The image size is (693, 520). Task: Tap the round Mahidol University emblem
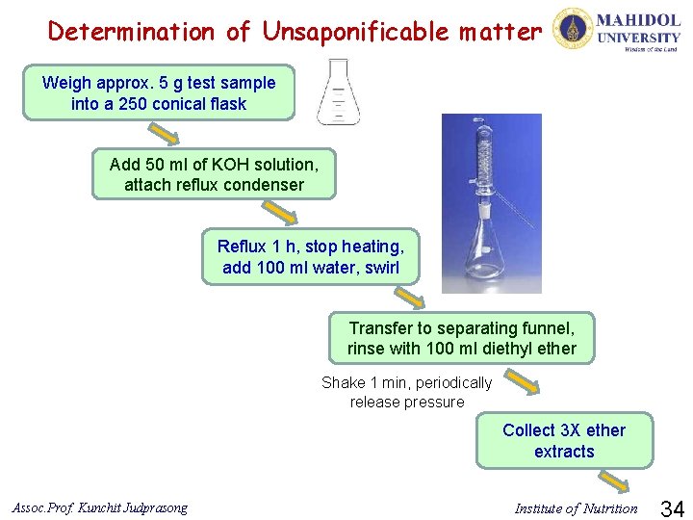pyautogui.click(x=571, y=29)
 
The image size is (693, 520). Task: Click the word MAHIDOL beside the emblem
pyautogui.click(x=639, y=20)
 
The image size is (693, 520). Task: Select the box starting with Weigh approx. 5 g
pyautogui.click(x=159, y=93)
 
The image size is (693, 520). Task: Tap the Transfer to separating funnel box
pyautogui.click(x=461, y=338)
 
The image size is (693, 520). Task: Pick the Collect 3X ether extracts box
pyautogui.click(x=564, y=441)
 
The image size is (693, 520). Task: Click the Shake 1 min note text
pyautogui.click(x=406, y=392)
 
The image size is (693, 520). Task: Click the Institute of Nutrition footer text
pyautogui.click(x=576, y=508)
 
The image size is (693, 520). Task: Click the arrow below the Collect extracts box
pyautogui.click(x=612, y=479)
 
